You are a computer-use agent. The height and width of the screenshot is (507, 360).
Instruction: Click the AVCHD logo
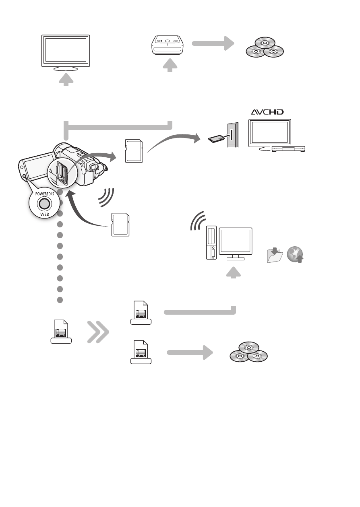[x=267, y=112]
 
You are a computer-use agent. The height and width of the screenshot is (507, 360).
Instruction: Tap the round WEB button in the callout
[x=44, y=204]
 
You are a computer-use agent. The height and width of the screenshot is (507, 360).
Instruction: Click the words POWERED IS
[x=45, y=194]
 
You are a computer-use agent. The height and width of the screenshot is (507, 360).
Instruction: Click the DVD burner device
[x=168, y=45]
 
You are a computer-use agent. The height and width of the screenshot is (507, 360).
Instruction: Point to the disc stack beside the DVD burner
[x=265, y=47]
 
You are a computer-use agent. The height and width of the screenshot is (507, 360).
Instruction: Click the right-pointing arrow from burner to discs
[x=213, y=43]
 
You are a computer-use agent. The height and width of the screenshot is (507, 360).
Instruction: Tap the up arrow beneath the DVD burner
[x=170, y=65]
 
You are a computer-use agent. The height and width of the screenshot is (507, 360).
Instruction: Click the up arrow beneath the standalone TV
[x=66, y=79]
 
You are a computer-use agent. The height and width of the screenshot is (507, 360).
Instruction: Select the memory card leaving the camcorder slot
[x=134, y=151]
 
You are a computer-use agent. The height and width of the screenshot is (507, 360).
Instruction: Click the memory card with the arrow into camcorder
[x=120, y=225]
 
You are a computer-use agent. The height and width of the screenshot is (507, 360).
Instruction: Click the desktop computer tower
[x=211, y=242]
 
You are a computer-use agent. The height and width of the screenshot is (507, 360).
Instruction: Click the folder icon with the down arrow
[x=275, y=255]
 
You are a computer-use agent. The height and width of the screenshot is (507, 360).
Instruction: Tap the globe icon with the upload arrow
[x=295, y=255]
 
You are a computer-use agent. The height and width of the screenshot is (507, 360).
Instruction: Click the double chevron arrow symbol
[x=98, y=332]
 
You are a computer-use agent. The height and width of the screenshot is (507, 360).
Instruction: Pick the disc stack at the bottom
[x=249, y=352]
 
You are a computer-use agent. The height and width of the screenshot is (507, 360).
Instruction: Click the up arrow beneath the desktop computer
[x=234, y=272]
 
